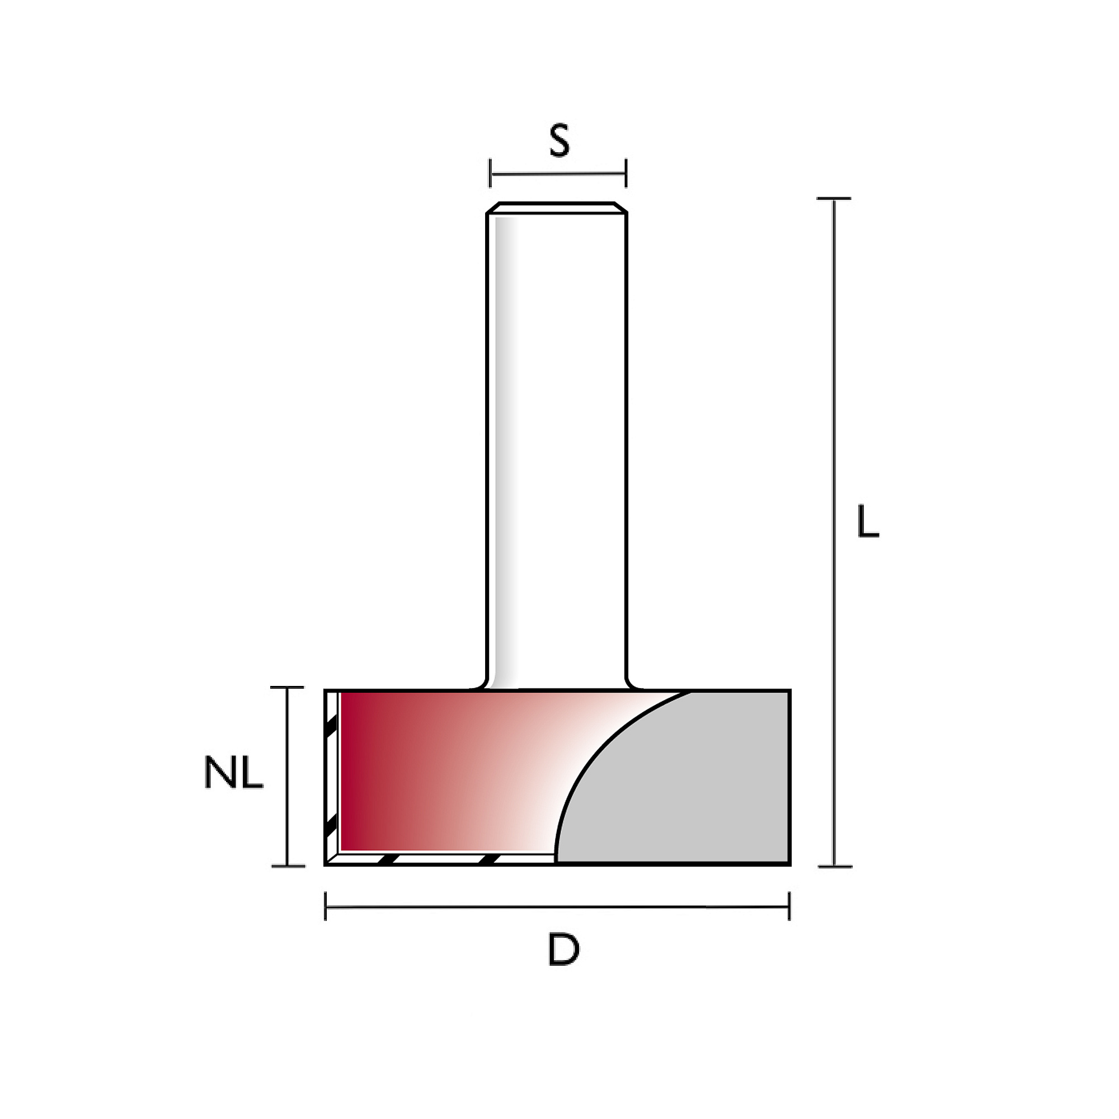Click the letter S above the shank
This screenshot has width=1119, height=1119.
click(559, 141)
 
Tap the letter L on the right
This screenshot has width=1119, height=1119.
click(868, 521)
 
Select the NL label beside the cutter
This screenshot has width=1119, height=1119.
click(234, 773)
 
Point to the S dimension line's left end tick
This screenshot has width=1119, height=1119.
click(490, 173)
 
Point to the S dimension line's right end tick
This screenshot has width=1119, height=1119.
click(626, 173)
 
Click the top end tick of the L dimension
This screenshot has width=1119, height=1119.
click(834, 199)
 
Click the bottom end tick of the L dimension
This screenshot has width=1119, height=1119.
click(835, 867)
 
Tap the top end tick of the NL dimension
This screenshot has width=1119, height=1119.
click(287, 688)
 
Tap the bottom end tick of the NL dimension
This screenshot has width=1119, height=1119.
click(288, 867)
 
